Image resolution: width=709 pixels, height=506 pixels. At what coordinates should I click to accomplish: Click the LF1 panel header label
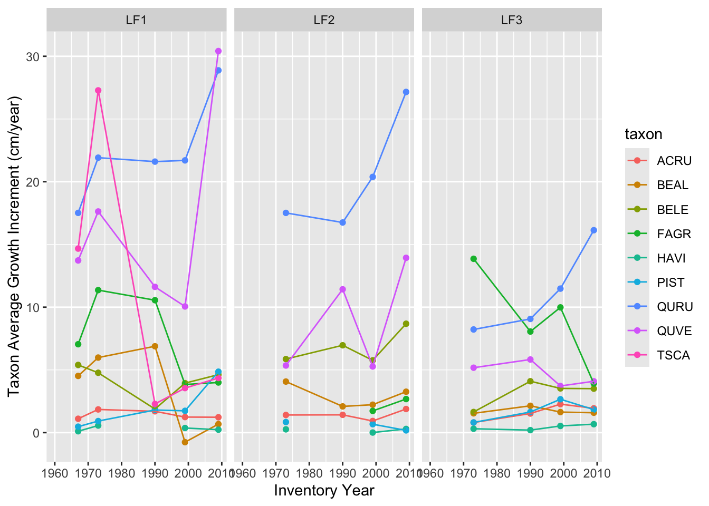[x=136, y=20]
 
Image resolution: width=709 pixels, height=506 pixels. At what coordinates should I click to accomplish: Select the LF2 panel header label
[x=324, y=20]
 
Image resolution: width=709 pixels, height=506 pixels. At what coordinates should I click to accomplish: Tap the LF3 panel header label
[x=512, y=20]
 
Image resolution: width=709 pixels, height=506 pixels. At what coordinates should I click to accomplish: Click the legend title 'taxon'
[x=644, y=134]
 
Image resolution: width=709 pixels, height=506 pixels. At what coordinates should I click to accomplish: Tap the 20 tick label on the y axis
[x=32, y=182]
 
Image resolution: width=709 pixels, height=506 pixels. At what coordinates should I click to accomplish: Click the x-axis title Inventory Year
[x=324, y=491]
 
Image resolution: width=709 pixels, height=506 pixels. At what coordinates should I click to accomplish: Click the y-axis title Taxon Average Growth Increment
[x=15, y=246]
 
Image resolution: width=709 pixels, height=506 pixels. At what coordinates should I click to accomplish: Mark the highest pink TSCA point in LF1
[x=98, y=91]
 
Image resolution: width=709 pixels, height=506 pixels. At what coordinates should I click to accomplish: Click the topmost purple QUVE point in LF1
[x=218, y=51]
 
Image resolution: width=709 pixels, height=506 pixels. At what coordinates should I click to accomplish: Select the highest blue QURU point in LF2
[x=406, y=92]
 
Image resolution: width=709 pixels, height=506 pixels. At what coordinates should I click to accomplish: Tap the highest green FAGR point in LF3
[x=474, y=259]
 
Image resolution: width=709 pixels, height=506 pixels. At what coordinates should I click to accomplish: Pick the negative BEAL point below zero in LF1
[x=185, y=442]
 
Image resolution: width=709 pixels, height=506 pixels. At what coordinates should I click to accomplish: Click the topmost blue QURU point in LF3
[x=594, y=230]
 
